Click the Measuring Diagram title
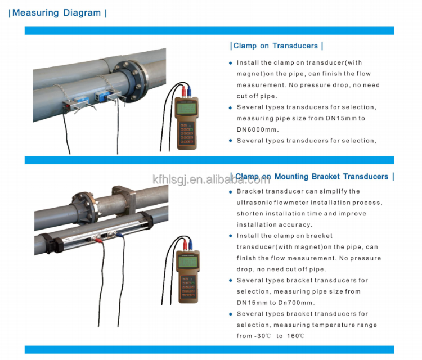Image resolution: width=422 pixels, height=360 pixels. [x=56, y=12]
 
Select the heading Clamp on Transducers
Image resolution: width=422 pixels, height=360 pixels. [x=276, y=46]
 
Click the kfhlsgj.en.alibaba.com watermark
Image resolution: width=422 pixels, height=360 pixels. [x=211, y=179]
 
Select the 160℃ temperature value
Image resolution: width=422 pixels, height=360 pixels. [x=295, y=336]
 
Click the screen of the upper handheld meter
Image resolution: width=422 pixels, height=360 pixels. [x=186, y=107]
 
